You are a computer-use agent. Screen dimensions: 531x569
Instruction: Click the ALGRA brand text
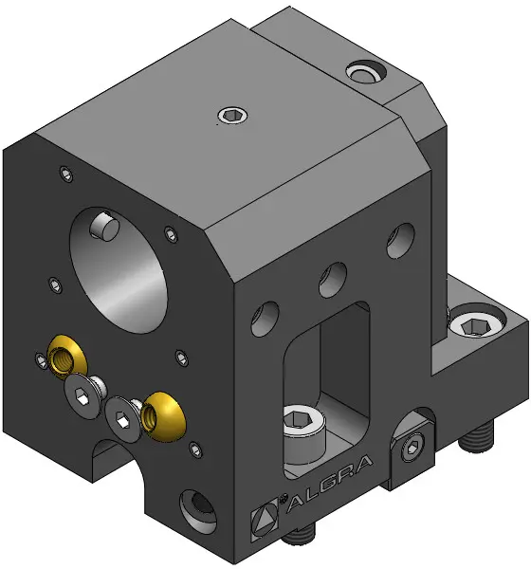tap(330, 484)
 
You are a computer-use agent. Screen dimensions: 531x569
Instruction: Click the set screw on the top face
tap(233, 116)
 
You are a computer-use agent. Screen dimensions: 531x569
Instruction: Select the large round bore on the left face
tap(119, 270)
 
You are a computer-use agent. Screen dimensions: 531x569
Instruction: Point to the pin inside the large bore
tap(104, 226)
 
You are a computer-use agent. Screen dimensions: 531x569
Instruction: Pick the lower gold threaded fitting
tap(163, 416)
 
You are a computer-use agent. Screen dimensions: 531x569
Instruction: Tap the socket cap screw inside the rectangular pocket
tap(304, 434)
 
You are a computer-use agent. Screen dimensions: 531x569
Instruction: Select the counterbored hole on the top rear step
tap(366, 71)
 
